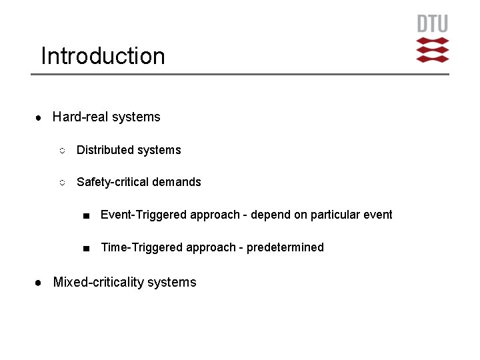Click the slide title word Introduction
point(103,56)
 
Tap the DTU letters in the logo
point(433,25)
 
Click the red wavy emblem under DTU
point(433,50)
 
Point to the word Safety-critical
point(115,182)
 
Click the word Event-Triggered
point(143,215)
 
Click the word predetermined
point(285,247)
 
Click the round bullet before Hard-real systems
point(39,117)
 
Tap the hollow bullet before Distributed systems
point(61,151)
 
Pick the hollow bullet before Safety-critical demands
point(61,183)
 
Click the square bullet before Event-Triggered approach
point(86,215)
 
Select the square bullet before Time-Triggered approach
point(86,248)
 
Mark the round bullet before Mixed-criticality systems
point(39,283)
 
